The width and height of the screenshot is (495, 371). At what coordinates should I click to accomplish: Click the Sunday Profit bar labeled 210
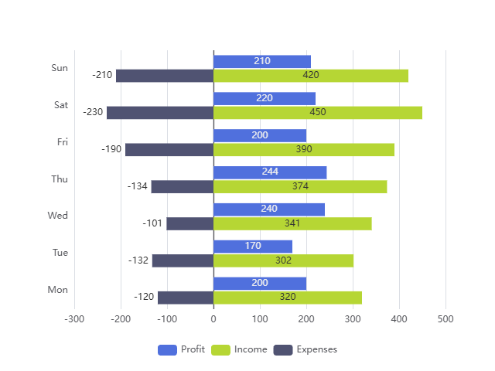(262, 61)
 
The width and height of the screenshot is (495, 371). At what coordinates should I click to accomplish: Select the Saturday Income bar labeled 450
(318, 112)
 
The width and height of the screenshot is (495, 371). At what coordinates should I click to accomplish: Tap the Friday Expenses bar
(169, 149)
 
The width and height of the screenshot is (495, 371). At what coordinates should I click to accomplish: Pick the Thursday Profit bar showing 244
(270, 172)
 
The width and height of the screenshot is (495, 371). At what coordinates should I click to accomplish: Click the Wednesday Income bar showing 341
(292, 223)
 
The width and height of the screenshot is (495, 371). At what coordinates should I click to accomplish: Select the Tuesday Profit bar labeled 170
(253, 246)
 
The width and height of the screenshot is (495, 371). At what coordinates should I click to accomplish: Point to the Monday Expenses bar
(186, 298)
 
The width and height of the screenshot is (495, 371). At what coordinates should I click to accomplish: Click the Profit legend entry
(182, 349)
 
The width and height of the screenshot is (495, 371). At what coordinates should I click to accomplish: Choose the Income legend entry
(239, 349)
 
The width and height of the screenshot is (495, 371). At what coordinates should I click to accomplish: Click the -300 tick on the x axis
(74, 318)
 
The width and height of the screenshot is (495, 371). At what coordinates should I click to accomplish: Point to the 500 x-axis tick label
(445, 318)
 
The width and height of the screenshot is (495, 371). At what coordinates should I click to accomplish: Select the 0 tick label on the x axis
(213, 318)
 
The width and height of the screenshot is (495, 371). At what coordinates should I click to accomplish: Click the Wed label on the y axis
(58, 216)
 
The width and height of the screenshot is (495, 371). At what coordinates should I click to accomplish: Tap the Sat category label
(61, 104)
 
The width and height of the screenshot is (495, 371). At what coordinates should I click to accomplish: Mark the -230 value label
(93, 112)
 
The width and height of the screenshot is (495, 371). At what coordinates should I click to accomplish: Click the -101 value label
(152, 223)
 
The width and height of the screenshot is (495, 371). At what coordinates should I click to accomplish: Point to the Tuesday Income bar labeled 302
(283, 260)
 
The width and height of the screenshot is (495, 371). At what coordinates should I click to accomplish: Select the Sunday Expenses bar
(165, 75)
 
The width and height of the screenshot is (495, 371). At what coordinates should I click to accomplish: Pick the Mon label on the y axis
(58, 290)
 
